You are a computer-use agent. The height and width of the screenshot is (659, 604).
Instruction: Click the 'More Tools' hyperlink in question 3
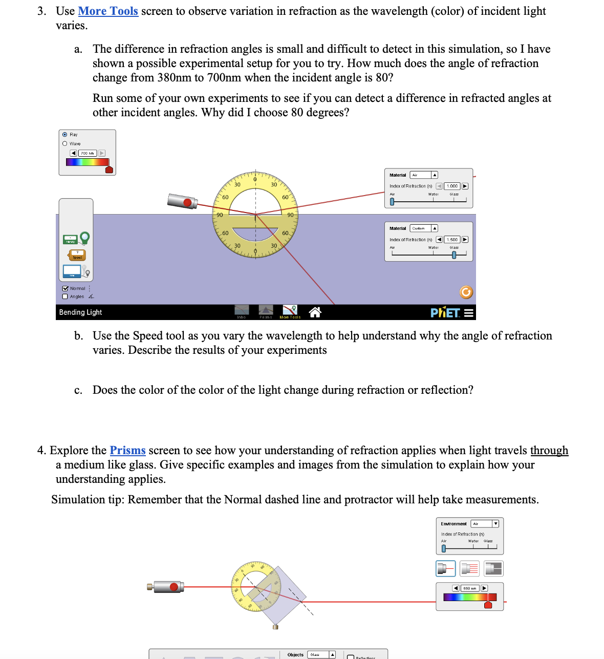pyautogui.click(x=108, y=11)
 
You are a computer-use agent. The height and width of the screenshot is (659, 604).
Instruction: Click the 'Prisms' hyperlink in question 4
pyautogui.click(x=127, y=451)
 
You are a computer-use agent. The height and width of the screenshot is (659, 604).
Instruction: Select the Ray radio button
pyautogui.click(x=65, y=135)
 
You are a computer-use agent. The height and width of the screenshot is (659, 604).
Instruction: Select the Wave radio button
pyautogui.click(x=65, y=144)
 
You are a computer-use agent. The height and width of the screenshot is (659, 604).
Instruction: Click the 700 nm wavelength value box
pyautogui.click(x=88, y=153)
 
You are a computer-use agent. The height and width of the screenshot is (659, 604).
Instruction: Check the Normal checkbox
pyautogui.click(x=65, y=289)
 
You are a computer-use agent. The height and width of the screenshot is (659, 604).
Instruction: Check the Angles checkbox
pyautogui.click(x=65, y=296)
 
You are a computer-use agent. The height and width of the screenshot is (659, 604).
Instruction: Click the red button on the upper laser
pyautogui.click(x=187, y=203)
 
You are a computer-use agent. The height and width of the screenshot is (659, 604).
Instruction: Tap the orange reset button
pyautogui.click(x=466, y=292)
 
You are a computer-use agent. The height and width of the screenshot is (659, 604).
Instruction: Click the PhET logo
pyautogui.click(x=445, y=312)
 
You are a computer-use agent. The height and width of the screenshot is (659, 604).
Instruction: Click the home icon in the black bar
pyautogui.click(x=315, y=312)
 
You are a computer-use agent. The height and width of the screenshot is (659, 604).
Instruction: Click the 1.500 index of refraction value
pyautogui.click(x=452, y=240)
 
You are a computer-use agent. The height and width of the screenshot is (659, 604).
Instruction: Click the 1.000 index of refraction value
pyautogui.click(x=452, y=186)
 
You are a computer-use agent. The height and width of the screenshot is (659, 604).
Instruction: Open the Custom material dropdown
pyautogui.click(x=424, y=228)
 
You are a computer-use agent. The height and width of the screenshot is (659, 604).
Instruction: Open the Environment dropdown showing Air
pyautogui.click(x=484, y=524)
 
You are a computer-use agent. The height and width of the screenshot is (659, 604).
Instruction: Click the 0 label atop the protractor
pyautogui.click(x=255, y=179)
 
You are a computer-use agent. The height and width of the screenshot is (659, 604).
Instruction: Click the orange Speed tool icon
pyautogui.click(x=77, y=255)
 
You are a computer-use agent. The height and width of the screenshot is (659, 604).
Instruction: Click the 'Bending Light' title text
pyautogui.click(x=80, y=312)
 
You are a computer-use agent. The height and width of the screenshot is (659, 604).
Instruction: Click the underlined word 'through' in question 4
pyautogui.click(x=549, y=451)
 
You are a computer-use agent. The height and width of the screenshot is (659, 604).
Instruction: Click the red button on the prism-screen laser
pyautogui.click(x=174, y=587)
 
